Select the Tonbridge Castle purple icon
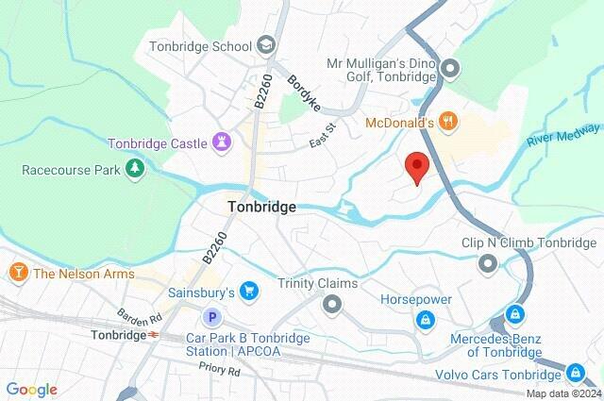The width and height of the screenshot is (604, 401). point(222,143)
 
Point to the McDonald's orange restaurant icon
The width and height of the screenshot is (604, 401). point(449,121)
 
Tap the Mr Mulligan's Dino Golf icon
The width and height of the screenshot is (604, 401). point(451,68)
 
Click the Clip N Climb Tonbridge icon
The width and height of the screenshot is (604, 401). point(488,263)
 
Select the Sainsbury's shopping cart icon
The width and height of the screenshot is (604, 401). point(248,290)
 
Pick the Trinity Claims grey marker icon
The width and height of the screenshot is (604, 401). point(331,304)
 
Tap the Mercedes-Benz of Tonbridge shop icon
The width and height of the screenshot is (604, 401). point(514,313)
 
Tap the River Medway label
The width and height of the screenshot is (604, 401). point(563,134)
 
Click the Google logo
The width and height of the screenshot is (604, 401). point(31,390)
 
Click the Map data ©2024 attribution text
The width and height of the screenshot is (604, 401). point(562,394)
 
